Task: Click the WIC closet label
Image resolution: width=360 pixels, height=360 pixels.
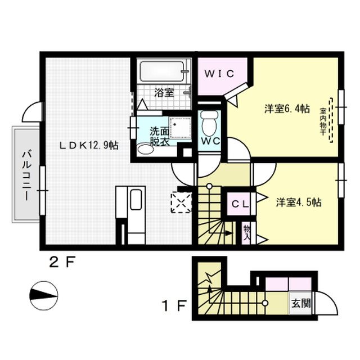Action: [x=219, y=74]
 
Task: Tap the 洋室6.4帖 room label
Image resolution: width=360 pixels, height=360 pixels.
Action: [x=287, y=109]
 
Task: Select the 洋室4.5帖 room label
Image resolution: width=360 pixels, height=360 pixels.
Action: [x=299, y=202]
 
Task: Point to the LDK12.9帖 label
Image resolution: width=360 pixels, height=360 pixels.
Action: [x=89, y=145]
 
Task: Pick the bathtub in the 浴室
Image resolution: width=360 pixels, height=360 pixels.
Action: [x=162, y=71]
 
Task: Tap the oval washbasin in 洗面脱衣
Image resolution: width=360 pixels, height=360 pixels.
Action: [x=146, y=149]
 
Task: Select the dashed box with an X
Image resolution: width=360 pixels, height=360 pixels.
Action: [x=181, y=202]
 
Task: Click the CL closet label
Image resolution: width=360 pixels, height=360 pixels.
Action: [x=240, y=204]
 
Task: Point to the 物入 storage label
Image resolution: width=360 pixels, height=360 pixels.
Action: [x=247, y=233]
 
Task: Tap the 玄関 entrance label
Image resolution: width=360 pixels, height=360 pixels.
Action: [x=301, y=304]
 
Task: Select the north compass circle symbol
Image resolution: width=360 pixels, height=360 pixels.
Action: [x=44, y=295]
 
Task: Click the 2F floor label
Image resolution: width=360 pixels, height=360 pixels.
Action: [x=62, y=263]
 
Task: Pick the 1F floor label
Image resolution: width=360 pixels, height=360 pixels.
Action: [x=174, y=305]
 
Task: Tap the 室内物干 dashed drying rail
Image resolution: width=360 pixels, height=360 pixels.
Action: [x=331, y=120]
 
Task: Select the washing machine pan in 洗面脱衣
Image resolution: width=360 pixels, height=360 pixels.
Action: [x=180, y=128]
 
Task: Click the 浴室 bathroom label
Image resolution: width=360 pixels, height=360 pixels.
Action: [x=164, y=92]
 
